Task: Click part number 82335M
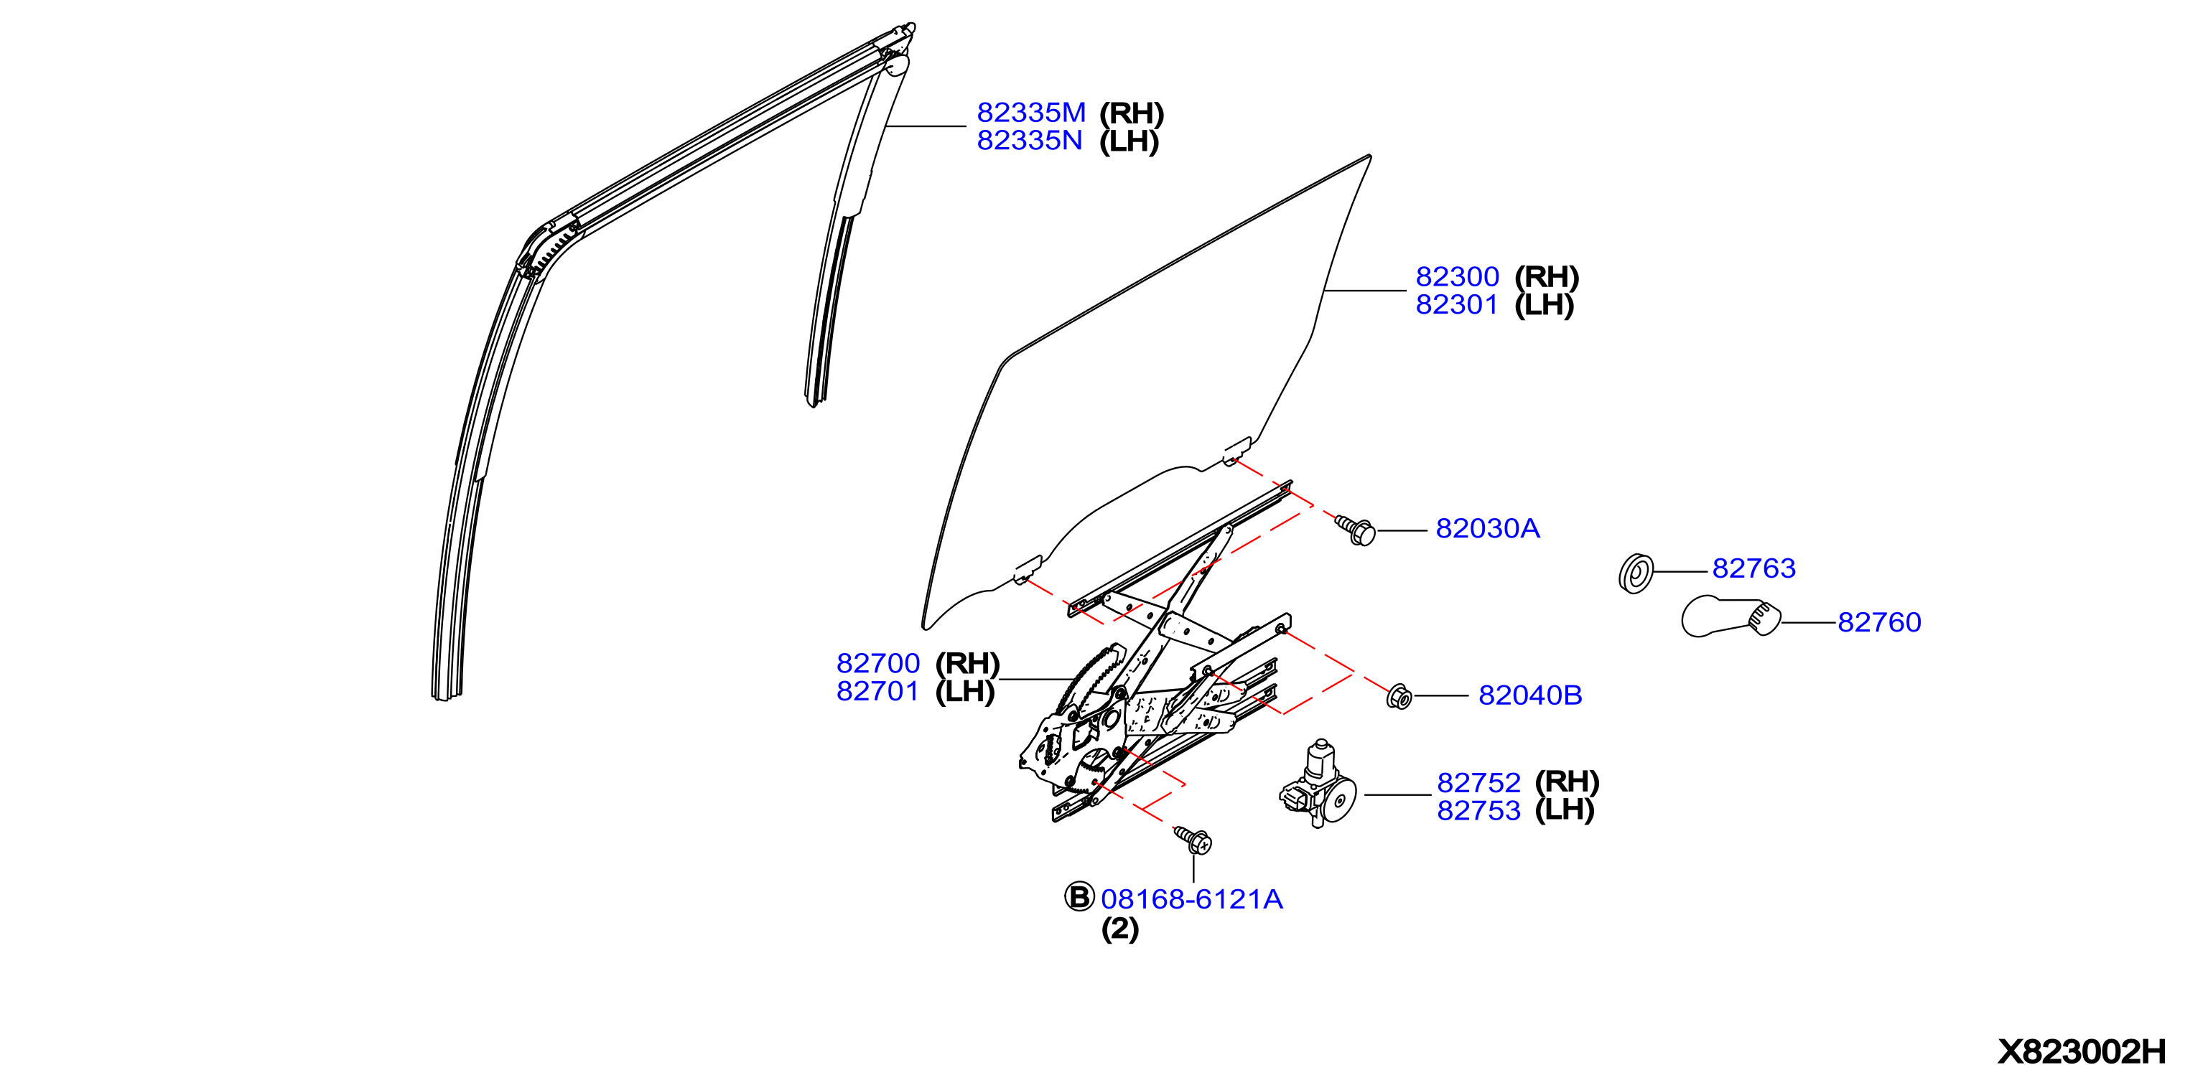tap(1031, 112)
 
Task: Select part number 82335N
tap(1030, 141)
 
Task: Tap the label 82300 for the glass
tap(1457, 277)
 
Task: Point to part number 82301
tap(1456, 305)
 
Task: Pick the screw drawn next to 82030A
tap(1356, 530)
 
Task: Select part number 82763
tap(1753, 568)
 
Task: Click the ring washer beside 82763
tap(1636, 573)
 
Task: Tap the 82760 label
tap(1880, 622)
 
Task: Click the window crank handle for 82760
tap(1730, 617)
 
